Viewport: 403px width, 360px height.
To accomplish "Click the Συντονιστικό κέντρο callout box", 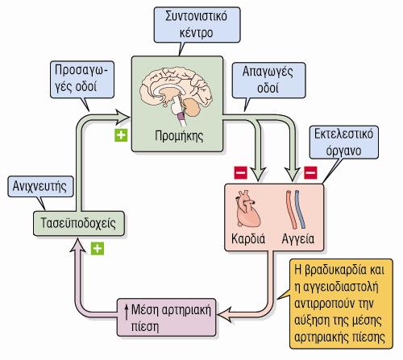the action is pyautogui.click(x=197, y=25).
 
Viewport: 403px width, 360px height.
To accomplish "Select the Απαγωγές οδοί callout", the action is pyautogui.click(x=268, y=81).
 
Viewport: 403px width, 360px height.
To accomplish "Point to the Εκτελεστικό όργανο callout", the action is pyautogui.click(x=344, y=143).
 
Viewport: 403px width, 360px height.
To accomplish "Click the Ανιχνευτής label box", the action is pyautogui.click(x=40, y=187).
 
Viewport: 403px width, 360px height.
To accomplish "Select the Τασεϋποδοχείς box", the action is pyautogui.click(x=79, y=223).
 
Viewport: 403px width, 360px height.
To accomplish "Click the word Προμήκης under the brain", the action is pyautogui.click(x=179, y=136).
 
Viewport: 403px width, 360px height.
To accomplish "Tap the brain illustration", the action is pyautogui.click(x=176, y=95).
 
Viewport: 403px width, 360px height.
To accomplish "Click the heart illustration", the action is pyautogui.click(x=247, y=209).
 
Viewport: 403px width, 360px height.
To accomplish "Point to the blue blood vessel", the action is pyautogui.click(x=301, y=209).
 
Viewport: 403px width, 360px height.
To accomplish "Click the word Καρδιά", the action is pyautogui.click(x=248, y=238).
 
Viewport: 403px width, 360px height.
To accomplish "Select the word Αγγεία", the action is pyautogui.click(x=298, y=239).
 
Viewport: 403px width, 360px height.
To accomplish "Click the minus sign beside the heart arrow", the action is pyautogui.click(x=241, y=172).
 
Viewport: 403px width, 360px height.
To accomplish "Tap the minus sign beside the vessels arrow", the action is pyautogui.click(x=310, y=172).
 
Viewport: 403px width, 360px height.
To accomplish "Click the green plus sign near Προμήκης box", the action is pyautogui.click(x=121, y=135).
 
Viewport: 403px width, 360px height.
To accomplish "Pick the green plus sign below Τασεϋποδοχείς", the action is pyautogui.click(x=98, y=249).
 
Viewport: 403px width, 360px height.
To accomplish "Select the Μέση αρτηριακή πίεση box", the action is pyautogui.click(x=167, y=317).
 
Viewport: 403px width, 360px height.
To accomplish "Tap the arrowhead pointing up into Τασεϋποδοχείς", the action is pyautogui.click(x=78, y=246).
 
